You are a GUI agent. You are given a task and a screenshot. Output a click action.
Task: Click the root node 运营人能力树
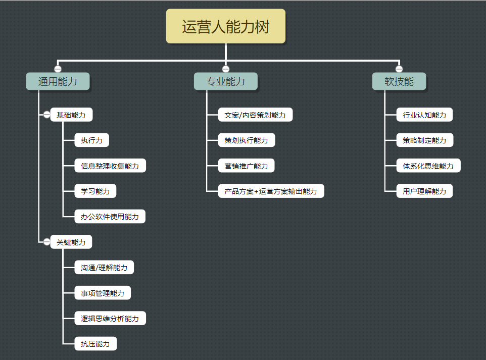(226, 26)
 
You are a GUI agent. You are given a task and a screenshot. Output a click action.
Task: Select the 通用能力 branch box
(58, 81)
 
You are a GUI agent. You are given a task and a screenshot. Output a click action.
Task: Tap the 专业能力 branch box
(226, 81)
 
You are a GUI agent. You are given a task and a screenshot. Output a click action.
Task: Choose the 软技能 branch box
(399, 81)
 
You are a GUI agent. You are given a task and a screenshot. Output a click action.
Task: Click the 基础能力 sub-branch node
(71, 115)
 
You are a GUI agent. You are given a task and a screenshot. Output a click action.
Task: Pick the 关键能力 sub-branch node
(71, 242)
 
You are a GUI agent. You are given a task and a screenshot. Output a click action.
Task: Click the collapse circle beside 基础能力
(47, 115)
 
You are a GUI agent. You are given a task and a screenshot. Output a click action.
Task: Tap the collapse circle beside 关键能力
(47, 242)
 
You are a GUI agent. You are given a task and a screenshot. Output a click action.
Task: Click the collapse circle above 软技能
(399, 69)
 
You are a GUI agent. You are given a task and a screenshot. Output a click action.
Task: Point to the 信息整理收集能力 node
(110, 166)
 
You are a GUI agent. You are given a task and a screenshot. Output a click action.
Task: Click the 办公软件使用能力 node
(110, 217)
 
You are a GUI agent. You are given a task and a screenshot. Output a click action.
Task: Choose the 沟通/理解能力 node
(104, 268)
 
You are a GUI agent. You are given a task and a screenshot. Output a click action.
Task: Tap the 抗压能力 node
(95, 344)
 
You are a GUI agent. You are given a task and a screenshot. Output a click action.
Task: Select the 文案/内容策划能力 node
(255, 115)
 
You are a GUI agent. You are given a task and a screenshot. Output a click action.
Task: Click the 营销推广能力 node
(247, 166)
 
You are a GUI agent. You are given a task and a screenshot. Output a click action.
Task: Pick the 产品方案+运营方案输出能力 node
(271, 191)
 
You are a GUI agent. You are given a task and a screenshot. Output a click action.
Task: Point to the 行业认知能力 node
(424, 115)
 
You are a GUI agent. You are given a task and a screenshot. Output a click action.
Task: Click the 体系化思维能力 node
(428, 166)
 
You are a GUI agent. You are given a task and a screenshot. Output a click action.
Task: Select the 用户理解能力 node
(424, 191)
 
